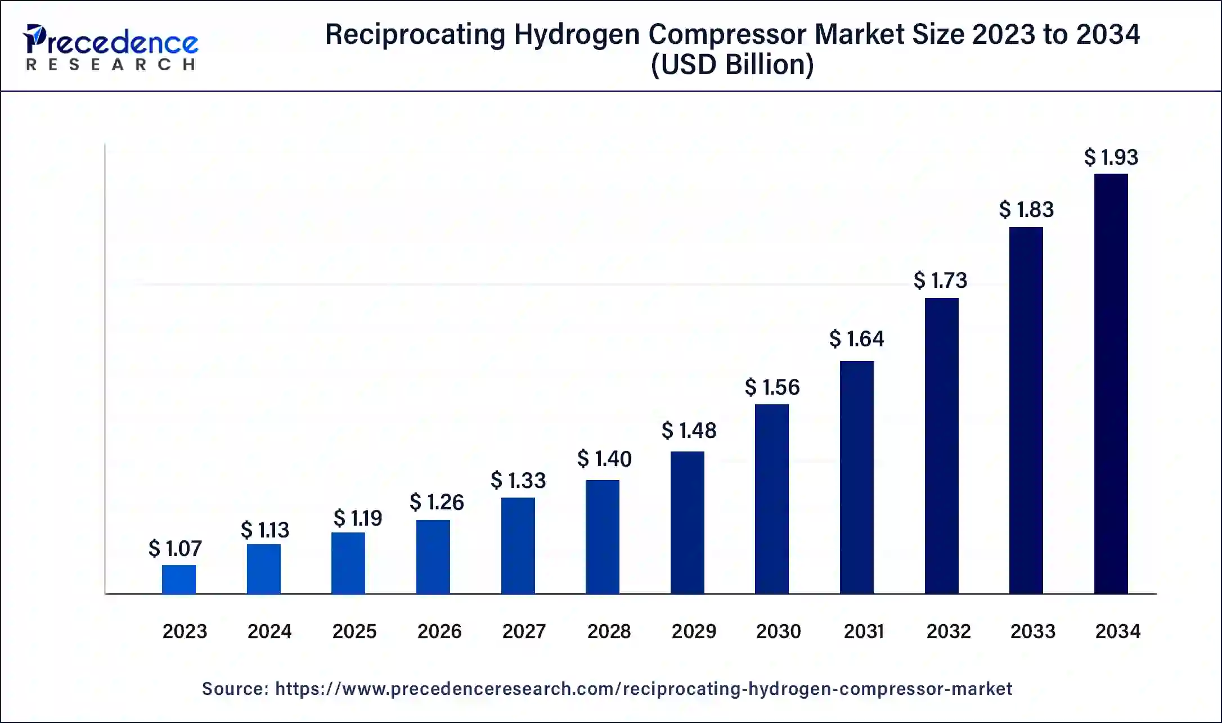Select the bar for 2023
(179, 579)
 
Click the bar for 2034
(1111, 383)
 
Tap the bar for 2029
(687, 522)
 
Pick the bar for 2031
(856, 477)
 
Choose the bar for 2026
(433, 557)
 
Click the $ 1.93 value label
(1111, 157)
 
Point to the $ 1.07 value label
(175, 549)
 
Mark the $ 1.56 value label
(772, 387)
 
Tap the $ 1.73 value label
(940, 281)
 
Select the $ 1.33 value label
(518, 481)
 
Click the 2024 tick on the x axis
(269, 631)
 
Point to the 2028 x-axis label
(609, 631)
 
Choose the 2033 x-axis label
(1032, 631)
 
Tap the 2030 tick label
(778, 631)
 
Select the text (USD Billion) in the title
(732, 65)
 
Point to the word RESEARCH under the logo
(111, 65)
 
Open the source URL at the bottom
(643, 689)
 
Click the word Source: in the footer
(235, 689)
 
